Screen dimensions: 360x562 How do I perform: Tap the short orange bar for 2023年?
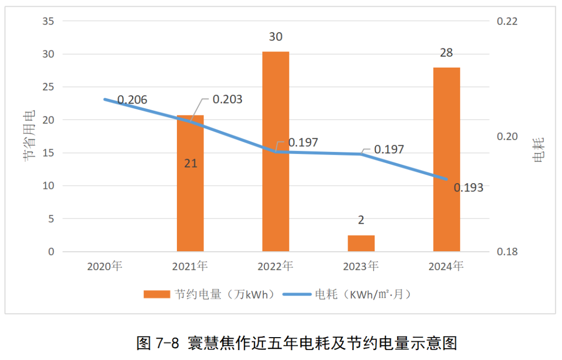361,243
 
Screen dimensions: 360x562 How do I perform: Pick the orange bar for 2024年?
446,159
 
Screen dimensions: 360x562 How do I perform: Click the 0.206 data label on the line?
132,100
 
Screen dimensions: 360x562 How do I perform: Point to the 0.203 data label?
227,99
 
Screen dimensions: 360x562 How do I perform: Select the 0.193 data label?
468,188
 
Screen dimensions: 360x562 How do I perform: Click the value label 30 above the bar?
276,37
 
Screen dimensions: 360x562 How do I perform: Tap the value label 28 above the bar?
446,53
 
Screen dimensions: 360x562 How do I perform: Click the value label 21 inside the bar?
190,163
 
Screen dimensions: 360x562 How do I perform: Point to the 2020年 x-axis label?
105,266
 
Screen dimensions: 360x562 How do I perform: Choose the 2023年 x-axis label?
361,266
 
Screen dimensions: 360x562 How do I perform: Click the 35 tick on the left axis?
48,21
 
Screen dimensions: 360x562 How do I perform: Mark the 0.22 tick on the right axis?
507,21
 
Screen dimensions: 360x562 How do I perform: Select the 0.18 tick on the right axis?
507,252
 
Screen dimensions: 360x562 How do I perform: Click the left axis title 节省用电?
29,134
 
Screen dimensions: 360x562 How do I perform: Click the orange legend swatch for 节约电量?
157,294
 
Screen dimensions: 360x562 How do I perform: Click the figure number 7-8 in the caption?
167,343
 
